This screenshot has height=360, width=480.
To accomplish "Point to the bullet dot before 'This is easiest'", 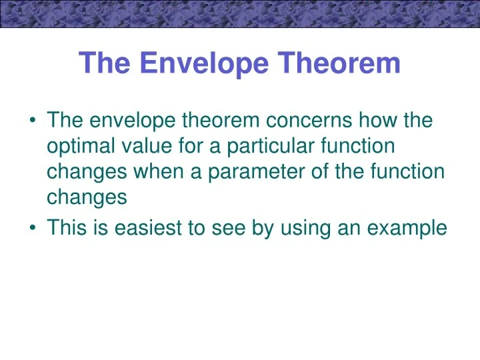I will coord(33,229).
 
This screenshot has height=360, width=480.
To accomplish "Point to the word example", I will coord(406,228).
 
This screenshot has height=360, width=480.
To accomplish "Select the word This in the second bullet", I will coord(66,228).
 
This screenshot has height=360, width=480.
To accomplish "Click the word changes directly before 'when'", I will coord(84,171).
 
